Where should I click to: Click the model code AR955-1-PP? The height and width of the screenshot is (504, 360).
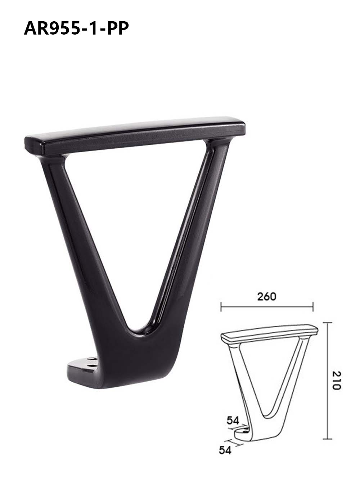[x=76, y=28]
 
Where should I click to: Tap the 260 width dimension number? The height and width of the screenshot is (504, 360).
[x=267, y=296]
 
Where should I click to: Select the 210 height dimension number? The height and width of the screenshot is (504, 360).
[x=336, y=380]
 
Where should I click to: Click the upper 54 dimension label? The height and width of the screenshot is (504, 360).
[x=233, y=420]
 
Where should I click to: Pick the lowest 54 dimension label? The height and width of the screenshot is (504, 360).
[x=225, y=450]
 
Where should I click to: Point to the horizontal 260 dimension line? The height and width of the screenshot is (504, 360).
[x=267, y=307]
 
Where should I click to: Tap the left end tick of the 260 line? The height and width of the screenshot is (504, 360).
[x=221, y=307]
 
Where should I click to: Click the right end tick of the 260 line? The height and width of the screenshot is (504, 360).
[x=313, y=307]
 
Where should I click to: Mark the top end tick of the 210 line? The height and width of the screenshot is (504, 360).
[x=327, y=323]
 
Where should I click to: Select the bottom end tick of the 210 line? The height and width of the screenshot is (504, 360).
[x=327, y=439]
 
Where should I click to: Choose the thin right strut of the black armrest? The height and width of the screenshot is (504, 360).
[x=191, y=223]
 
